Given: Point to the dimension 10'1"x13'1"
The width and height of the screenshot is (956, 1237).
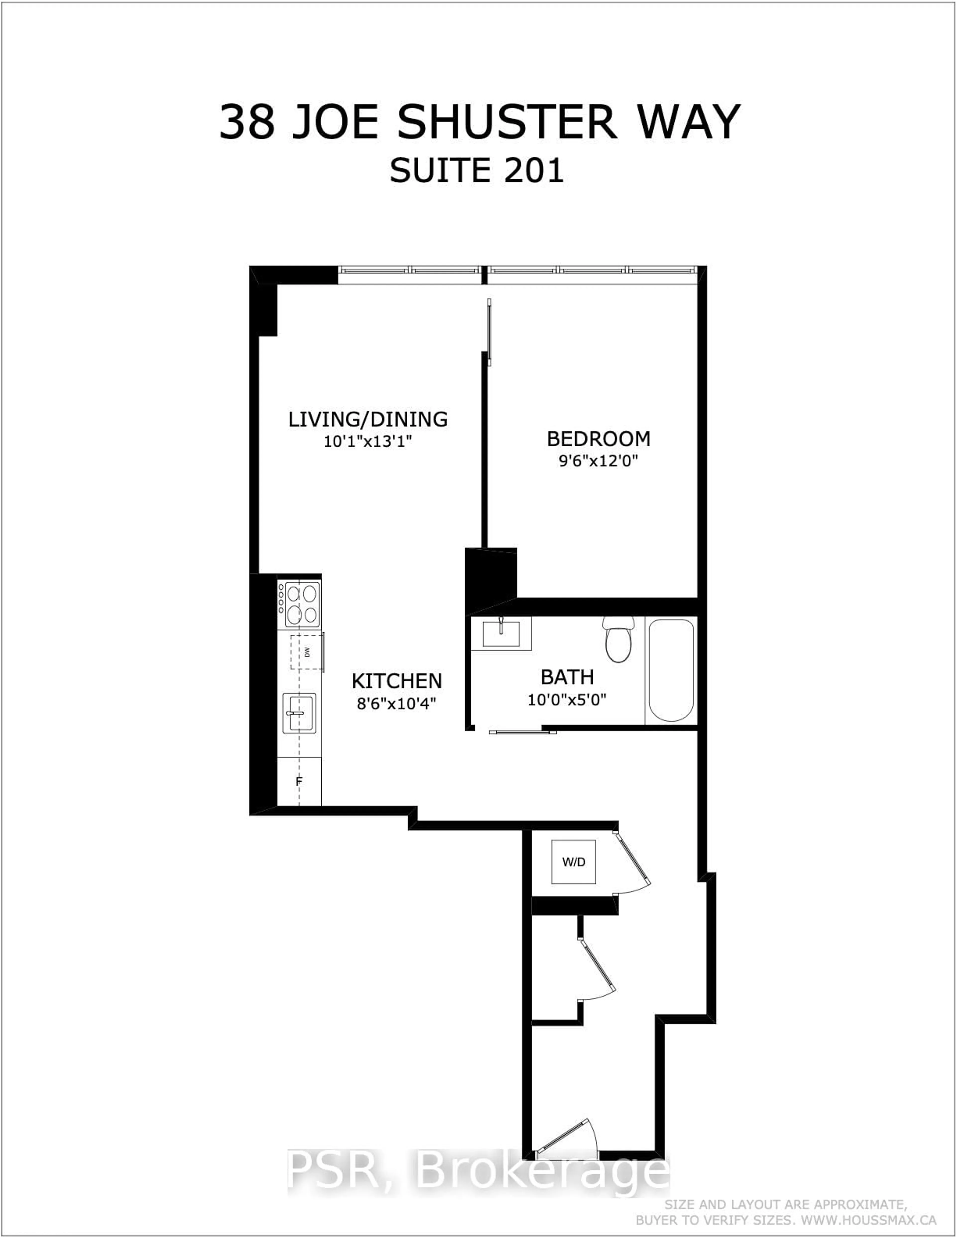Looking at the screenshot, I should pyautogui.click(x=367, y=441).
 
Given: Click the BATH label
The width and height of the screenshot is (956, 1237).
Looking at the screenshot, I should pyautogui.click(x=567, y=677).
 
